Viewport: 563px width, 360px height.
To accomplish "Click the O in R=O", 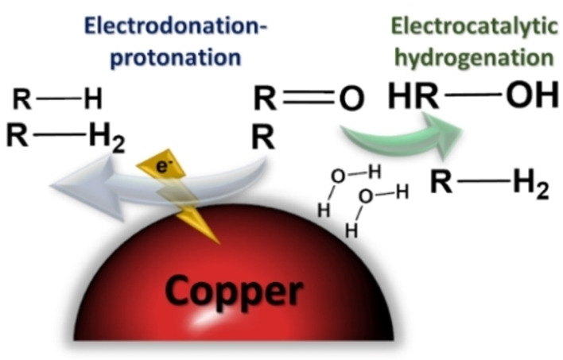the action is (x=351, y=99).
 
